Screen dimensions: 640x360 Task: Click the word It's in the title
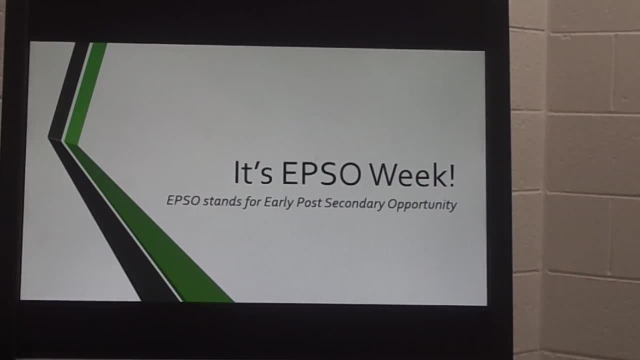(253, 172)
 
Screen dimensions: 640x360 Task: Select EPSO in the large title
(321, 173)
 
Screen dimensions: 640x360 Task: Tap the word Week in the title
(409, 174)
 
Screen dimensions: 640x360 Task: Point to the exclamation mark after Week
(452, 175)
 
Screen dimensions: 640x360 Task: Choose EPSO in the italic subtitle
(183, 200)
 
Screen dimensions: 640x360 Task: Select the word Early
(279, 203)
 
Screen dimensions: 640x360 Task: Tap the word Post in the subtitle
(309, 203)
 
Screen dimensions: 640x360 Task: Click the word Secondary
(354, 203)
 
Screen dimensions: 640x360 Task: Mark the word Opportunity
(422, 204)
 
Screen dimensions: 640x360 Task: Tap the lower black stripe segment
(114, 220)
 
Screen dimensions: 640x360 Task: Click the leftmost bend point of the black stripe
(48, 138)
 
